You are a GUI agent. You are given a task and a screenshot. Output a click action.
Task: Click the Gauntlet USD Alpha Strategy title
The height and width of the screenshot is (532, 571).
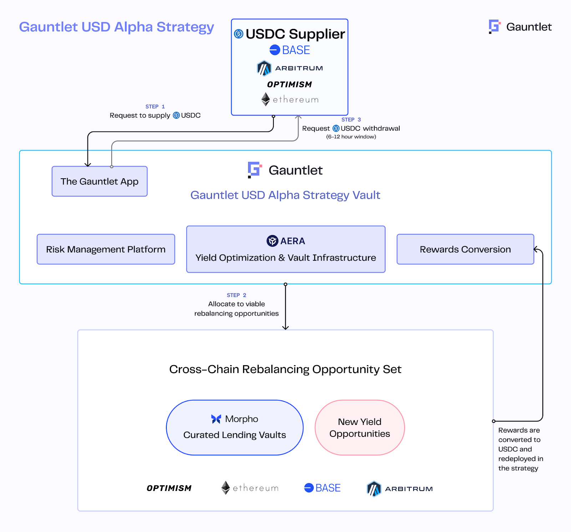[x=116, y=27]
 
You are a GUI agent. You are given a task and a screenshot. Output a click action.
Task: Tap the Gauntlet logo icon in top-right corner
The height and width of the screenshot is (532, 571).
[x=495, y=27]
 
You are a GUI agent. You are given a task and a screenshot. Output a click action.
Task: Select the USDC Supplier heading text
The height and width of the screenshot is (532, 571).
[x=295, y=34]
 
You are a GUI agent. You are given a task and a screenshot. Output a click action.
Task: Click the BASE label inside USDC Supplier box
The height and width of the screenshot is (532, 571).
[x=296, y=50]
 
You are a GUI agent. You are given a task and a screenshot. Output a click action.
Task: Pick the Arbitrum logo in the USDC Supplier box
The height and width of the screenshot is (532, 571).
[x=264, y=68]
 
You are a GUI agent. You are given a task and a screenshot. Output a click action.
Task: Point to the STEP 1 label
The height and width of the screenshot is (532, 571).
[x=155, y=107]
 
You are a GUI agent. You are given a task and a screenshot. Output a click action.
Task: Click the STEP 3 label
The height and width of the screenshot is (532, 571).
[x=351, y=120]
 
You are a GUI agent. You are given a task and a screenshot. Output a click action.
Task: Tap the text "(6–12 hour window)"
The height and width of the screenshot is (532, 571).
[x=351, y=137]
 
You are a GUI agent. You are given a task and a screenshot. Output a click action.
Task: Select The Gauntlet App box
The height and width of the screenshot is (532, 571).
[x=100, y=181]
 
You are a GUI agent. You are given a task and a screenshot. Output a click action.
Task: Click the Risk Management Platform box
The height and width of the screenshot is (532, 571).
[x=106, y=249]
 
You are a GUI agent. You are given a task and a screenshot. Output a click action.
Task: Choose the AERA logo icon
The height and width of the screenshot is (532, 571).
[x=272, y=241]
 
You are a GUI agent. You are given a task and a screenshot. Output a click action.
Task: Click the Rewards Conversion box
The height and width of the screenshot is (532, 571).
[x=465, y=249]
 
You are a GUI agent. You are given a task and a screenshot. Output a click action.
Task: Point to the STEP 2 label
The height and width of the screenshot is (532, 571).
[x=236, y=295]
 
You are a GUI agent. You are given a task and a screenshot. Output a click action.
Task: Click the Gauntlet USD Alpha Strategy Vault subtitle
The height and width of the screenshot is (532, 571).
[x=285, y=195]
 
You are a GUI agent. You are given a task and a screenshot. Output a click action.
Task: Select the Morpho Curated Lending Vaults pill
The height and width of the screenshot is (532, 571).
[x=234, y=428]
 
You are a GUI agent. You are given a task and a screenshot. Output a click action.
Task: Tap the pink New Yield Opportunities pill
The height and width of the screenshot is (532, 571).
[x=360, y=428]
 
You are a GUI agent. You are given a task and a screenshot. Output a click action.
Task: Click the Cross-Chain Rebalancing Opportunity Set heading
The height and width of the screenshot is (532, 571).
[x=285, y=369]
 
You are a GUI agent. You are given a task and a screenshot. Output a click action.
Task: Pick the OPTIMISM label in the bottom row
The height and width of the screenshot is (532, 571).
[x=169, y=488]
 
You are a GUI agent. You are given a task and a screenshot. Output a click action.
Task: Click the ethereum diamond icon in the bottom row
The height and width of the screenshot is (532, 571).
[x=226, y=488]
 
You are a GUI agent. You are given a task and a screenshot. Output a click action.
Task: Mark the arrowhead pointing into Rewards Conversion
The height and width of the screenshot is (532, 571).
[x=536, y=249]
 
